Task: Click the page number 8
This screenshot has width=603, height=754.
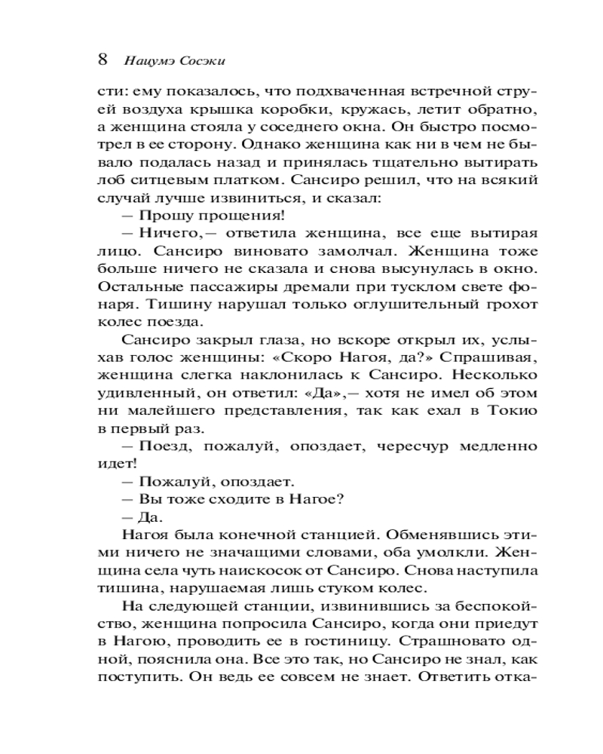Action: [105, 59]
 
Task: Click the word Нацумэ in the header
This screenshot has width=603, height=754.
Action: [150, 60]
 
